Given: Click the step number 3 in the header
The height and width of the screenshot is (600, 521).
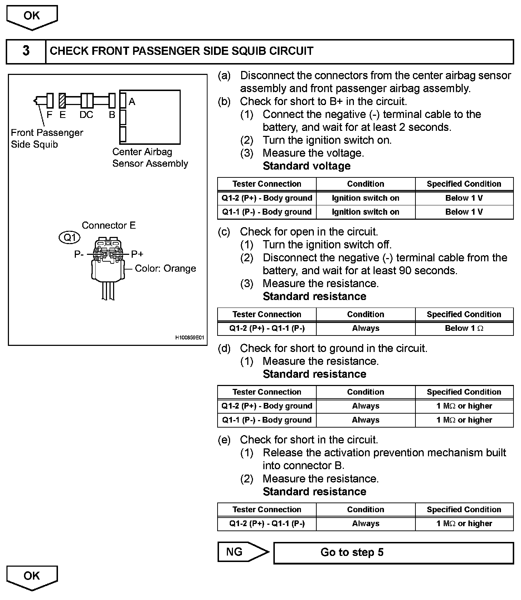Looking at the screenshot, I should click(26, 51).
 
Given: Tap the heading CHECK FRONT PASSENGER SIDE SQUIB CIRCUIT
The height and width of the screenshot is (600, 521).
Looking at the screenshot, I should click(181, 51).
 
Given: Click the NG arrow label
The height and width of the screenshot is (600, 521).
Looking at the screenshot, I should click(235, 552).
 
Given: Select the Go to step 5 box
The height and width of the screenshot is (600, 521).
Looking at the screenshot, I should click(393, 552).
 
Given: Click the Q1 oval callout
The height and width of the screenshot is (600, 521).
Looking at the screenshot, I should click(69, 238).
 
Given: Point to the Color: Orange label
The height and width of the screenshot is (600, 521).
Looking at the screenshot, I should click(165, 268).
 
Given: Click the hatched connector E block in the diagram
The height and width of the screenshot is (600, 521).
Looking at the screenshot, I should click(62, 101).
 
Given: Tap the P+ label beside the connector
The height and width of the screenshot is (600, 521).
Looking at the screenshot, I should click(137, 254).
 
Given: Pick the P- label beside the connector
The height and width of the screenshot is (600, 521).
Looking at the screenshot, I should click(79, 254).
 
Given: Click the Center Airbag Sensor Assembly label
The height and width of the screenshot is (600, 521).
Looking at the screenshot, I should click(150, 158).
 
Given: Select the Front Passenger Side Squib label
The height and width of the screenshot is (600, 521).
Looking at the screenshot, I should click(47, 138).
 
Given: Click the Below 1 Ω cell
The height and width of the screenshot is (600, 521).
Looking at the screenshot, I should click(464, 328).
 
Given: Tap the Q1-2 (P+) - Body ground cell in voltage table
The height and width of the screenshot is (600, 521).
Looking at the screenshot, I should click(267, 198).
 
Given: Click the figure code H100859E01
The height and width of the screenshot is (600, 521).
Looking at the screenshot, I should click(190, 338).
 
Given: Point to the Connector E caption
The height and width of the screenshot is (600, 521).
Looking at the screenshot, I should click(109, 225).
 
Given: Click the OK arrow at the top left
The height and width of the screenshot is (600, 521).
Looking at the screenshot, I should click(32, 16).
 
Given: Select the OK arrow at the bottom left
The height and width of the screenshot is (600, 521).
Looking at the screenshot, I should click(32, 577).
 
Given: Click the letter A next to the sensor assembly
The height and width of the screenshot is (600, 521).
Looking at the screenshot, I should click(132, 102).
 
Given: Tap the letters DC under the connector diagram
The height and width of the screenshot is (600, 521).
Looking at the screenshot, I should click(86, 115).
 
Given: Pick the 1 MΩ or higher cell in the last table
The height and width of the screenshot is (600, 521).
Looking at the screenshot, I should click(464, 524).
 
